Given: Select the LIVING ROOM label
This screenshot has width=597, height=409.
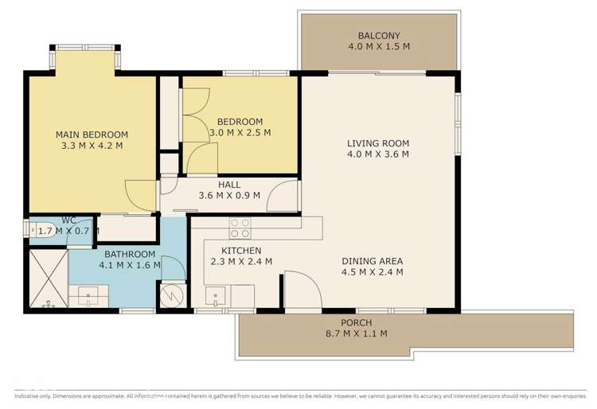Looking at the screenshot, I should [378, 143].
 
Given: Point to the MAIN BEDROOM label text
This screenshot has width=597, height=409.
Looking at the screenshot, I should [92, 134].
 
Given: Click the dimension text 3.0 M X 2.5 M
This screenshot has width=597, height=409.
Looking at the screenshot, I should [240, 133].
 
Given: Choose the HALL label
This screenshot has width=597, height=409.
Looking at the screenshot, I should [229, 184].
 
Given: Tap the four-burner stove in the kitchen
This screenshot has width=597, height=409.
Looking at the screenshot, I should [240, 228].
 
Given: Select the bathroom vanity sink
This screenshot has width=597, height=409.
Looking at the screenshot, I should [83, 297].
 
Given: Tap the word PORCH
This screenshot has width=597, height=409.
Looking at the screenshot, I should [356, 322].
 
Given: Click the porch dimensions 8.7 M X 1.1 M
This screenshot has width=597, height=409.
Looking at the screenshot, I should [356, 333].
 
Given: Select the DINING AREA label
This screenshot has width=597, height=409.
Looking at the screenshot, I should [373, 260].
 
